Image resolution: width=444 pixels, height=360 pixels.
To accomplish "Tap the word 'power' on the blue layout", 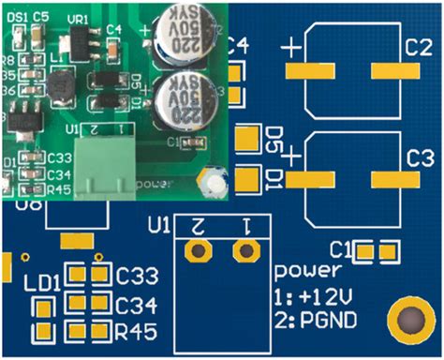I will [x=307, y=272].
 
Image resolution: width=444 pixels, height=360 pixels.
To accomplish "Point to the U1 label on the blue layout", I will [x=159, y=225].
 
